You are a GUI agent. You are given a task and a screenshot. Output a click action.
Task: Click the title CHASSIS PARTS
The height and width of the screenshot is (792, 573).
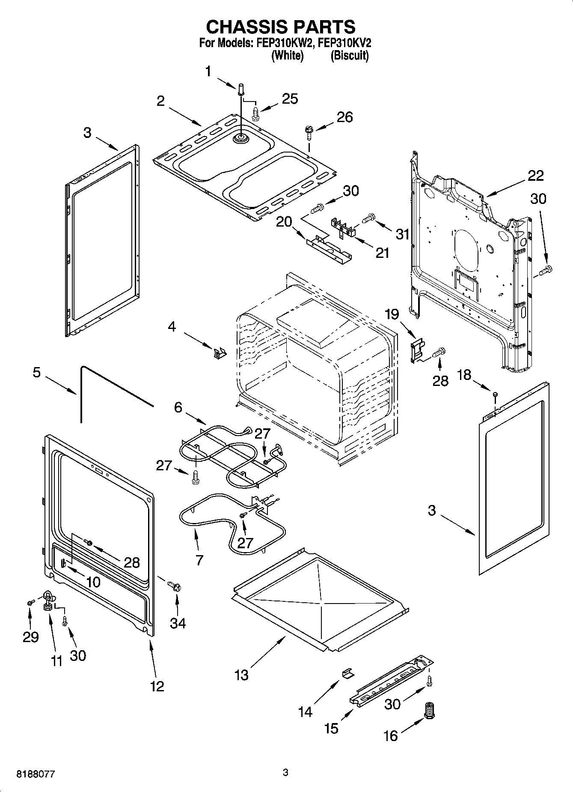[x=281, y=27]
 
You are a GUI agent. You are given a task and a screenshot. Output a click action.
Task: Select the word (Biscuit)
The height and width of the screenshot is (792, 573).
[x=349, y=56]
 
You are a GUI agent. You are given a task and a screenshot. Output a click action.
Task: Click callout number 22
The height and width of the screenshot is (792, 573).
[x=535, y=175]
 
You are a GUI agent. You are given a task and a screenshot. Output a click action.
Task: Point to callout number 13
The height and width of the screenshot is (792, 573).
[x=241, y=675]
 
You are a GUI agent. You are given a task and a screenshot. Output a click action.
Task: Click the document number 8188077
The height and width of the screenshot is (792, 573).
[x=36, y=774]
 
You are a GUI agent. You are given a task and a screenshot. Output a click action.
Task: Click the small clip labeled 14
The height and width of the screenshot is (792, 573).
[x=347, y=673]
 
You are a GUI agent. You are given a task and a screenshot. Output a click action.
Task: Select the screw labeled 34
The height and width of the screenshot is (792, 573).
[x=174, y=585]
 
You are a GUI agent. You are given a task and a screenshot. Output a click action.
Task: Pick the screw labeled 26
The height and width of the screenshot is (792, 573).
[x=308, y=131]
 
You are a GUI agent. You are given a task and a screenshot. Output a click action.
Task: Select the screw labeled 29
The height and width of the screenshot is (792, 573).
[x=30, y=602]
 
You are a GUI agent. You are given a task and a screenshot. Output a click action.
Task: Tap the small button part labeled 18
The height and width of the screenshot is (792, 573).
[x=495, y=394]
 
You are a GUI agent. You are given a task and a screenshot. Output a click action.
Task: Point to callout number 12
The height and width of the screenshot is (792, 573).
[x=157, y=686]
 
